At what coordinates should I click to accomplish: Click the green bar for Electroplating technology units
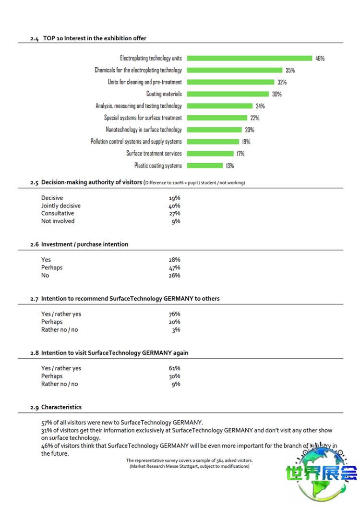(x=249, y=58)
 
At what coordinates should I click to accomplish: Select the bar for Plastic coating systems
(x=204, y=166)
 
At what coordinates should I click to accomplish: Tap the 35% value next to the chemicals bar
(x=290, y=70)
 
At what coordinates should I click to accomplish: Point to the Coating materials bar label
(x=164, y=94)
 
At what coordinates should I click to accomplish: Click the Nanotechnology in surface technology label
(x=144, y=130)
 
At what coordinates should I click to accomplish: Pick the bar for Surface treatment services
(x=209, y=154)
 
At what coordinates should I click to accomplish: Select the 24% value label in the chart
(x=260, y=106)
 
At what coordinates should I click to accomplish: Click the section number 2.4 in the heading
(x=34, y=38)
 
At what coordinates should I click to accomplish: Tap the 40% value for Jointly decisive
(x=174, y=206)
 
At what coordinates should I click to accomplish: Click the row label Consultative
(x=58, y=214)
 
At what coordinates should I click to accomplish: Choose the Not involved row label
(x=58, y=221)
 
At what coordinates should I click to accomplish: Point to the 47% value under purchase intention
(x=174, y=268)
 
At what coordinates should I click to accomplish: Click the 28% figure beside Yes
(x=174, y=260)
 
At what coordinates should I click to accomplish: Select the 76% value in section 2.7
(x=174, y=315)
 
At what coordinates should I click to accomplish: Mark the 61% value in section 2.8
(x=174, y=369)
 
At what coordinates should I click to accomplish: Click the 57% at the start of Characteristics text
(x=47, y=423)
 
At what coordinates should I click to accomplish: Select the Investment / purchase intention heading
(x=84, y=244)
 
